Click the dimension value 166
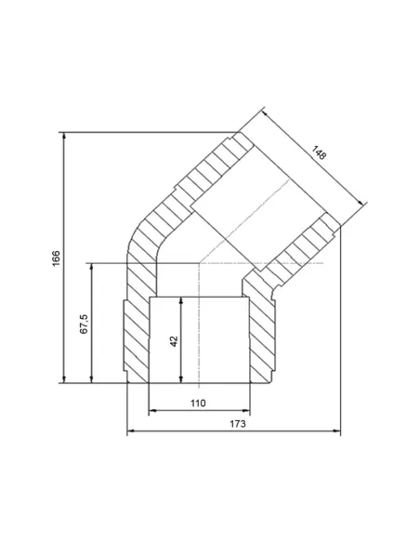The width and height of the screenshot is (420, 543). (x=56, y=258)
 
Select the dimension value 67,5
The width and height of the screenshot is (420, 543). (x=84, y=324)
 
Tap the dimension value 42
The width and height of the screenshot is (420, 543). (x=174, y=341)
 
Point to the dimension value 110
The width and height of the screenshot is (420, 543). (x=198, y=404)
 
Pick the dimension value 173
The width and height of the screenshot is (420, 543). (x=238, y=424)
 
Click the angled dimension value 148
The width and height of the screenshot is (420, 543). (x=319, y=153)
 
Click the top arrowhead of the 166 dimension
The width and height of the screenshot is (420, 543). (x=64, y=136)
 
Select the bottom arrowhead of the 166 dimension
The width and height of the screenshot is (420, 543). (x=64, y=379)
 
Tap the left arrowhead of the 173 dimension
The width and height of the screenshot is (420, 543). (x=131, y=431)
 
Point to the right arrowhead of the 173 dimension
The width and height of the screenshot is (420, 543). (x=336, y=431)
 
